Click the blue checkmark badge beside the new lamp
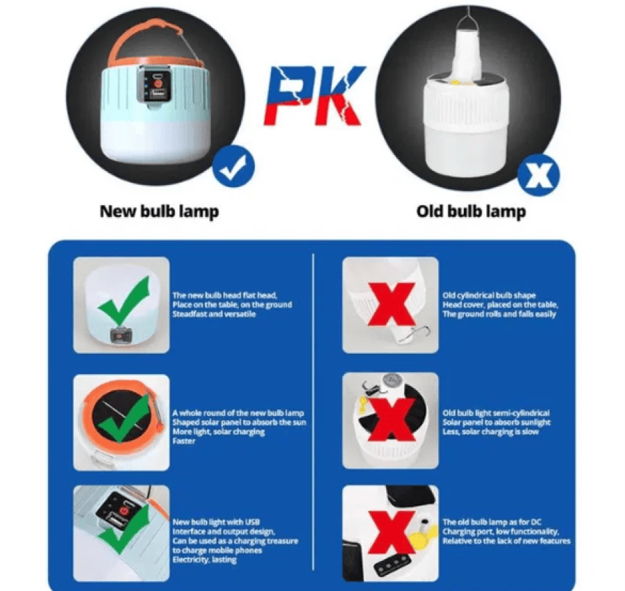(233, 166)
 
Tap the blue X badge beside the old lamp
(538, 175)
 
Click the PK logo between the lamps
(315, 95)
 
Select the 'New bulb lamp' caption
(159, 211)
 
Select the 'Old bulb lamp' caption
(471, 211)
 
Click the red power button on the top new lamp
(158, 84)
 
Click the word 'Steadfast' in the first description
(188, 314)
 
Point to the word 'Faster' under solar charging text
(184, 441)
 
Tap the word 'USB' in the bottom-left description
(252, 522)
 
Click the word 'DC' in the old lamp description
(536, 522)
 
